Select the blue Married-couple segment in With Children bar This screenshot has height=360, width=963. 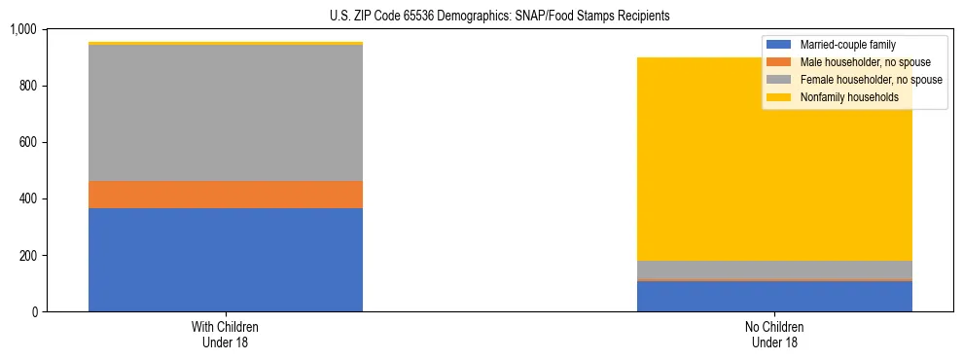226,260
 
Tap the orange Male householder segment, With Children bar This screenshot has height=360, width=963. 226,195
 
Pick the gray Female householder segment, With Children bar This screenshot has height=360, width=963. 226,113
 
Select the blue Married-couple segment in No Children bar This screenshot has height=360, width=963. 774,296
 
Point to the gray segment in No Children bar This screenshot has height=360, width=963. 774,269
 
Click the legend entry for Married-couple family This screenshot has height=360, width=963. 847,45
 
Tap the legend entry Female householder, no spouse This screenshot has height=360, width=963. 870,80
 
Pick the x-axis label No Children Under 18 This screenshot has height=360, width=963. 774,335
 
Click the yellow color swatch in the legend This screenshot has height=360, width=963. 779,97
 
